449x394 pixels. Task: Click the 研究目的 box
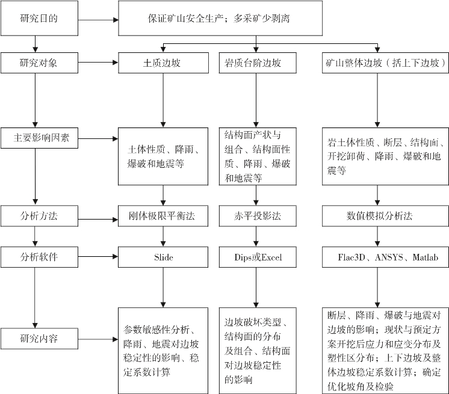[x=39, y=18]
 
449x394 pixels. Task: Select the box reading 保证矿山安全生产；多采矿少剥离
[x=220, y=18]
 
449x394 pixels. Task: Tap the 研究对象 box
[x=39, y=63]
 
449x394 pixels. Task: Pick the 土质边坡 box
[x=163, y=63]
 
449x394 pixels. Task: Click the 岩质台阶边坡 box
[x=258, y=63]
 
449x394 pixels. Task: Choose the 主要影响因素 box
[x=39, y=138]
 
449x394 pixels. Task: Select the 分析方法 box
[x=39, y=216]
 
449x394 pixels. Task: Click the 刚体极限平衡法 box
[x=163, y=216]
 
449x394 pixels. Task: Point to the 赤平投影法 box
[x=258, y=216]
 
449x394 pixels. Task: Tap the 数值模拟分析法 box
[x=385, y=216]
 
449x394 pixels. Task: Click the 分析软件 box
[x=39, y=257]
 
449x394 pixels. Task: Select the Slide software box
[x=163, y=257]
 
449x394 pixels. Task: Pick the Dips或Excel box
[x=258, y=257]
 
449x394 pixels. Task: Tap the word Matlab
[x=426, y=257]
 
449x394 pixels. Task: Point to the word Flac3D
[x=351, y=257]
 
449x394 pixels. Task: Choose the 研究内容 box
[x=39, y=339]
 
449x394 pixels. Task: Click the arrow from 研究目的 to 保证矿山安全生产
[x=98, y=20]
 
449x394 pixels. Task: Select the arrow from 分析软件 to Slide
[x=98, y=257]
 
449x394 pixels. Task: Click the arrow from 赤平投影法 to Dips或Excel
[x=256, y=236]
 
